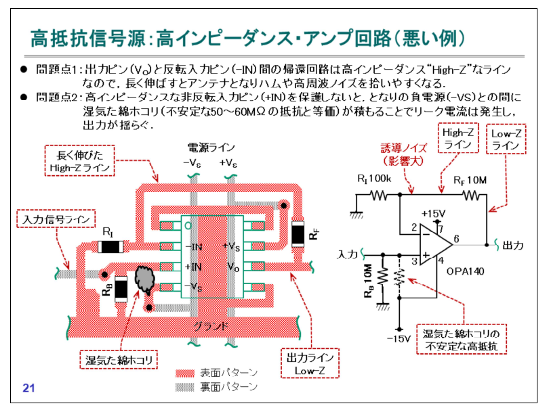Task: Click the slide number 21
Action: [x=28, y=388]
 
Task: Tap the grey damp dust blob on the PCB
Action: [x=144, y=279]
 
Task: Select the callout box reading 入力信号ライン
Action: [x=47, y=219]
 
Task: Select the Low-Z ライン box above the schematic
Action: [x=505, y=140]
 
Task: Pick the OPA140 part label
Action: [x=465, y=271]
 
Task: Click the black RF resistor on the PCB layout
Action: [x=297, y=233]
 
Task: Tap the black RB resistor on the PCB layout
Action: [x=121, y=289]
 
